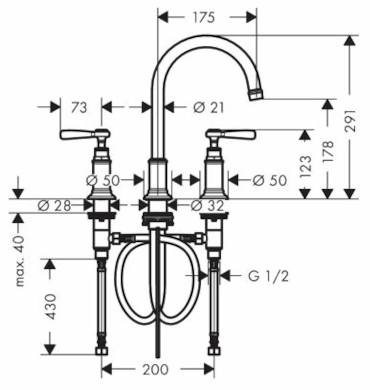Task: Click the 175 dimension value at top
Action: pos(203,18)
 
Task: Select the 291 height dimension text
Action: pos(351,121)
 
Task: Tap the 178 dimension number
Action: pos(328,152)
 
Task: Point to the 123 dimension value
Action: pos(305,166)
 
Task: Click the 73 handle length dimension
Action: pos(79,108)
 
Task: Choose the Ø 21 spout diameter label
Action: pos(208,108)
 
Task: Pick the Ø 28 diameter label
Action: pos(55,206)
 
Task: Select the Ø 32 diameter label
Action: pos(207,206)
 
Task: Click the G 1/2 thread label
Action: pos(269,276)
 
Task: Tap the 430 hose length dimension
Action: pos(52,307)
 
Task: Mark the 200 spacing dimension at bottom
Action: pos(155,370)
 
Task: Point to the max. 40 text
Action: pos(20,261)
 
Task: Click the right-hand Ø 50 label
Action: pos(270,180)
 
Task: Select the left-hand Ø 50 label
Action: pos(103,180)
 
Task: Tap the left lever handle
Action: pos(85,135)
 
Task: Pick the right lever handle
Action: pos(231,135)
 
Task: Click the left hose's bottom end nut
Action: pos(102,351)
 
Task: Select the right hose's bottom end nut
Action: pos(214,351)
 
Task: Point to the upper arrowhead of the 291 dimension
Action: pos(350,40)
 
